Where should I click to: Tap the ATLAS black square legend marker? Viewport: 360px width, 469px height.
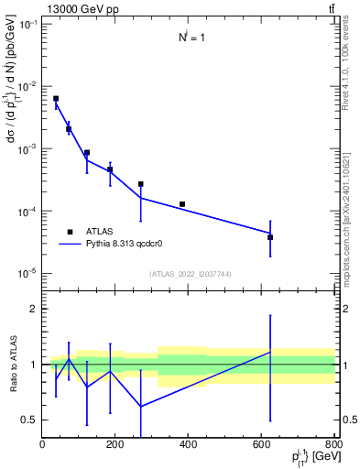point(70,232)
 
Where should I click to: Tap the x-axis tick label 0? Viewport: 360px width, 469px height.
point(42,445)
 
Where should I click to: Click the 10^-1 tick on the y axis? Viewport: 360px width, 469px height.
point(25,24)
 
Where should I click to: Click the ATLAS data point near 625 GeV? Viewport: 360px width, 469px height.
point(270,237)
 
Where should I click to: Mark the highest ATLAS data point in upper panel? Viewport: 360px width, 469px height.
point(56,98)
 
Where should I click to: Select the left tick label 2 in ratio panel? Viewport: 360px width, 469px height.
point(33,309)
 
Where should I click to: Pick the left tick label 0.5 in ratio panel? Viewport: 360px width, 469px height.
point(29,420)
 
